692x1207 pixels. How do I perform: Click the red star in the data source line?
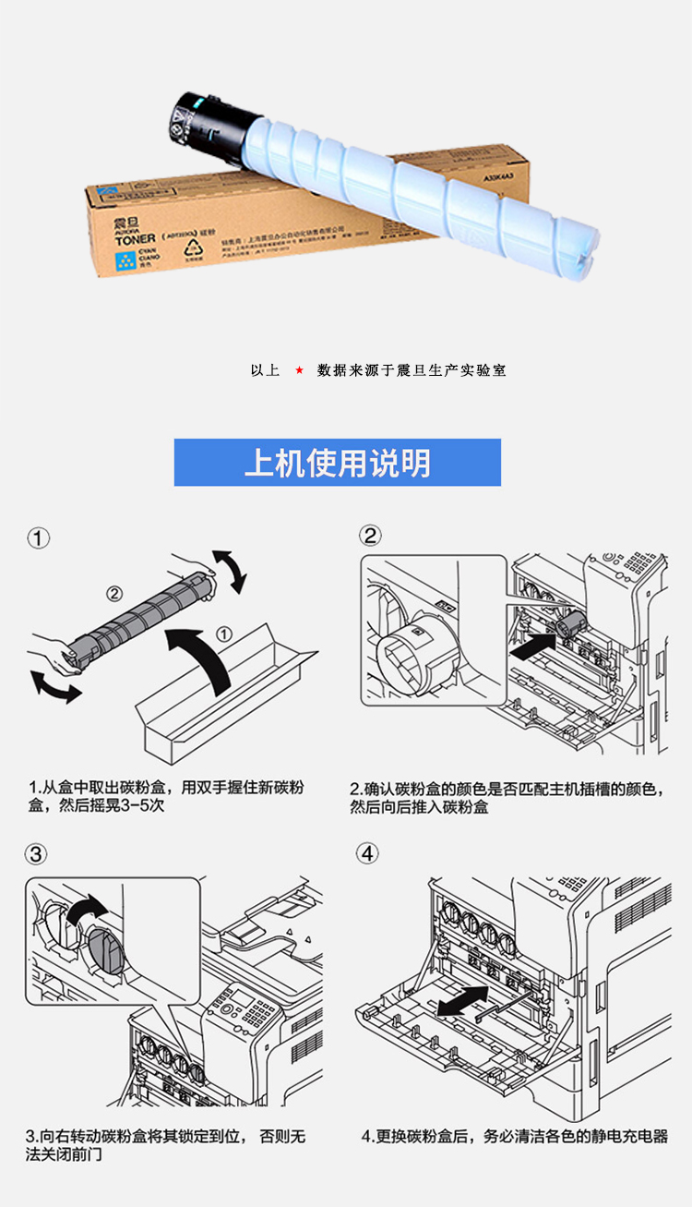[299, 370]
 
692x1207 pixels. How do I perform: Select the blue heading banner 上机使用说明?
[338, 463]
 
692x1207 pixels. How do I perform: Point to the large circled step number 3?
[36, 854]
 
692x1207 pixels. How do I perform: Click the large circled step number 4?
[368, 854]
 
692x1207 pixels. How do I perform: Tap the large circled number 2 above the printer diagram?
[369, 536]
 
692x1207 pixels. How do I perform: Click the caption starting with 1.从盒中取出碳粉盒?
[165, 797]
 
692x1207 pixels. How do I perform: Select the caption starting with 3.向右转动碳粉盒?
[165, 1145]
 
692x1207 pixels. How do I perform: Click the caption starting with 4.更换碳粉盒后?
[514, 1137]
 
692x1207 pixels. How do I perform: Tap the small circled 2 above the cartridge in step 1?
[114, 593]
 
